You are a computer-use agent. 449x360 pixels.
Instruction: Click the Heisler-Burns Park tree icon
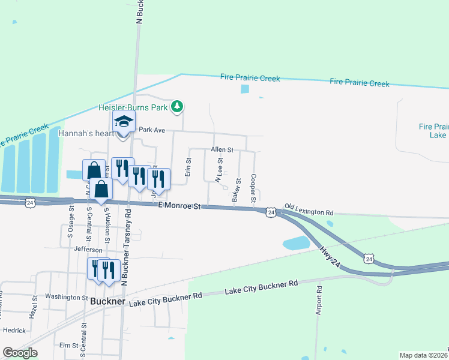click(x=176, y=107)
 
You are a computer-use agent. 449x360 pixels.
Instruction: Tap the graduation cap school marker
click(x=124, y=122)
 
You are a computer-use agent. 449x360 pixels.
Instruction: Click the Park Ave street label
click(x=151, y=129)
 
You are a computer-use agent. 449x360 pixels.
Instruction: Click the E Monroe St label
click(x=179, y=206)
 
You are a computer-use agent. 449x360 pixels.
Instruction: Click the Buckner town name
click(x=107, y=302)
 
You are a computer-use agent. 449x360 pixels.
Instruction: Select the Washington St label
click(x=66, y=297)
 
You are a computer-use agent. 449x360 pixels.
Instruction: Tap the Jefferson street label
click(x=84, y=249)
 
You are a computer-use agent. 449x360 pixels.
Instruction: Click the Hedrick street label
click(x=14, y=330)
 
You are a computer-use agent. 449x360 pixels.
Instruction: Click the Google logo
click(x=20, y=352)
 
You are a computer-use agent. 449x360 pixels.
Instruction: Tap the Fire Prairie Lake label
click(x=433, y=131)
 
